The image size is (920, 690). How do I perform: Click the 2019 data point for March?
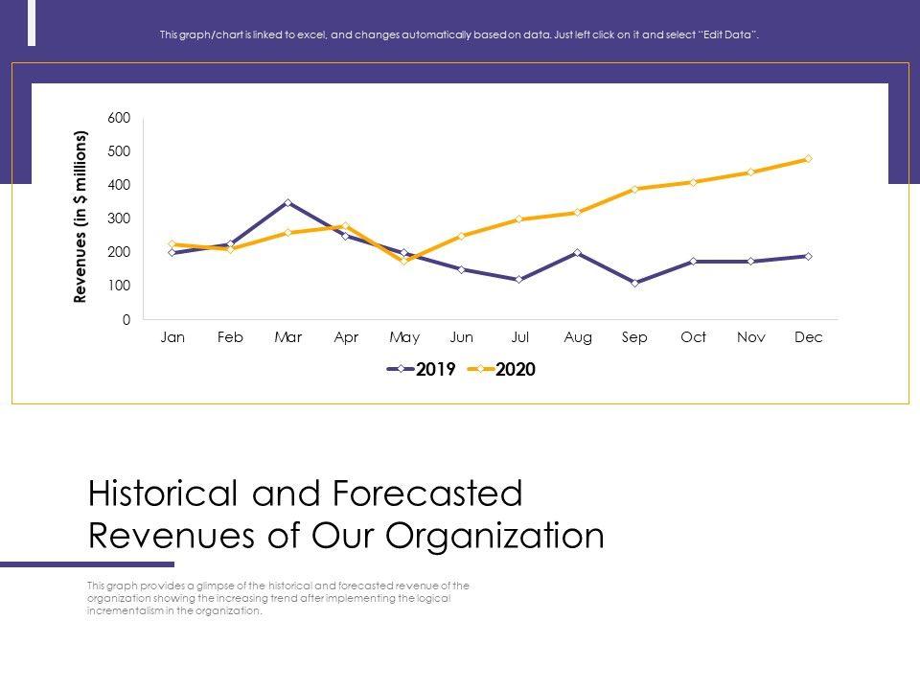[288, 203]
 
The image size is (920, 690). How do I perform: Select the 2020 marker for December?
[808, 159]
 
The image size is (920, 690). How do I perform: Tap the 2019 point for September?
[635, 283]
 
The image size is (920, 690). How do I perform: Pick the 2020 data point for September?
[635, 189]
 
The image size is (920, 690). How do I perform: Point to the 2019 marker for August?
[577, 253]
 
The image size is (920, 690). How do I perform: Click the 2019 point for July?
[519, 280]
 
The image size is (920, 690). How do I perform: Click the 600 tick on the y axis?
[119, 118]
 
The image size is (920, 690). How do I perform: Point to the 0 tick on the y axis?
[126, 320]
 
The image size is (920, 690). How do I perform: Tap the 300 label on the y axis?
[119, 218]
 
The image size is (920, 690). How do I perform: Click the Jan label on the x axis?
[172, 337]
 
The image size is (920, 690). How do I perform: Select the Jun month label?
[462, 337]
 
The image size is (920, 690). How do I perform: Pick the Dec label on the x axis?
[809, 337]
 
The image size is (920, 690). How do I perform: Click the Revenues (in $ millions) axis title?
[80, 218]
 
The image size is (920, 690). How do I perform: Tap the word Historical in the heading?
[164, 494]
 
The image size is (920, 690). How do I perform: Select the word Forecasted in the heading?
[427, 494]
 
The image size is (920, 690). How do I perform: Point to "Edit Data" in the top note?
[730, 35]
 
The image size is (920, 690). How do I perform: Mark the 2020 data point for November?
[750, 172]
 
